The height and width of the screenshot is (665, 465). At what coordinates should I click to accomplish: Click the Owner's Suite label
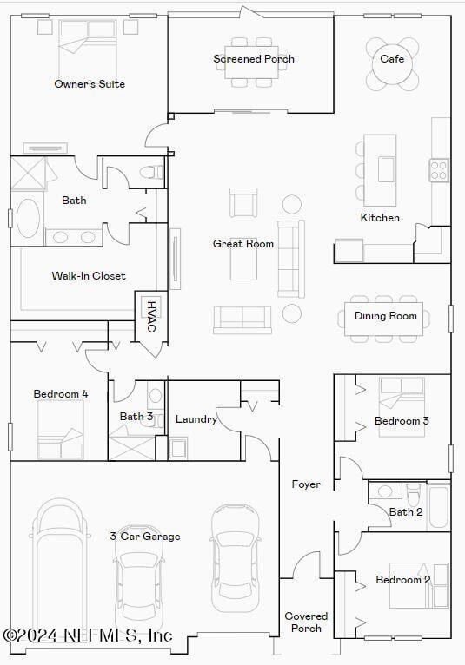(90, 84)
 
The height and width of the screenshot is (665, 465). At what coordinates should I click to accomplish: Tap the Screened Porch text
(254, 59)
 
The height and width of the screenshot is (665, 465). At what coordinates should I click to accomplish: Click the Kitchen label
(380, 218)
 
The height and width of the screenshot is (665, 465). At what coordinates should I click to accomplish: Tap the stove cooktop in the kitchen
(439, 168)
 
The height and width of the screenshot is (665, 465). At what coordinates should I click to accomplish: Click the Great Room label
(243, 244)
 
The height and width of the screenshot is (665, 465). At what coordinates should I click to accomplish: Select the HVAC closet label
(150, 317)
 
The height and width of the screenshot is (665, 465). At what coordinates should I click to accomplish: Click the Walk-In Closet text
(89, 276)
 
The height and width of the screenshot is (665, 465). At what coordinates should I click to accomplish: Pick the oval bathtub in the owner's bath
(29, 219)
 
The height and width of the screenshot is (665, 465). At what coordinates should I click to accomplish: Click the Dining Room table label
(385, 316)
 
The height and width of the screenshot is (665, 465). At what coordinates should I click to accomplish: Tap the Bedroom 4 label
(61, 394)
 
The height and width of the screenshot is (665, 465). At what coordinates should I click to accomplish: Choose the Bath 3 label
(136, 417)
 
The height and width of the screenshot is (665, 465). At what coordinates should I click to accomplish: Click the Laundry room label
(196, 419)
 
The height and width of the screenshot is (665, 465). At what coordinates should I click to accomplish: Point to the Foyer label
(306, 484)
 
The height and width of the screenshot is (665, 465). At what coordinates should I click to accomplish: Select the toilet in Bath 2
(414, 494)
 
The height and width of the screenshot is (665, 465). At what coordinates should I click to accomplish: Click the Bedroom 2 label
(402, 580)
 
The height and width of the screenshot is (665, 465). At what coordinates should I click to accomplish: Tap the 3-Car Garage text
(145, 537)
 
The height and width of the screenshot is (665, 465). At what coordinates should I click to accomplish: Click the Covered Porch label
(306, 622)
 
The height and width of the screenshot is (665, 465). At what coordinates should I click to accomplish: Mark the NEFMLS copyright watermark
(87, 635)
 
